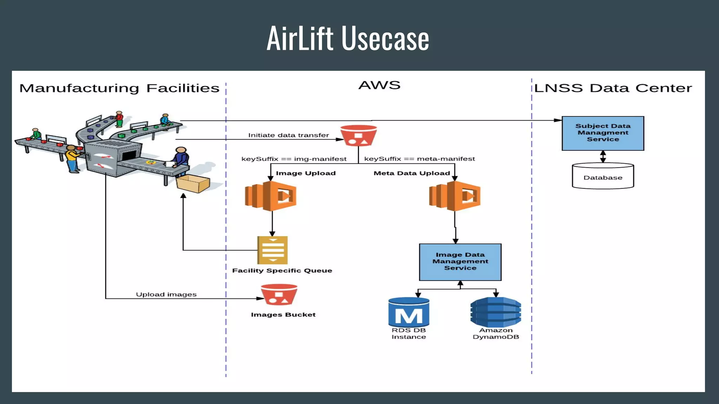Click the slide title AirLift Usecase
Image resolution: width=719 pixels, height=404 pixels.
pyautogui.click(x=348, y=38)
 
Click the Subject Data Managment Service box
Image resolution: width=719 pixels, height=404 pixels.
pyautogui.click(x=603, y=133)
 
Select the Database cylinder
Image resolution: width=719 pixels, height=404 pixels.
pyautogui.click(x=603, y=176)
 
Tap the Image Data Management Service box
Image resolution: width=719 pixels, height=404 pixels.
pyautogui.click(x=460, y=262)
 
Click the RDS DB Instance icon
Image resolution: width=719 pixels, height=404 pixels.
pyautogui.click(x=409, y=312)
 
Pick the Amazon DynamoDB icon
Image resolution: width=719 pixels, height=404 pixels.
pyautogui.click(x=496, y=312)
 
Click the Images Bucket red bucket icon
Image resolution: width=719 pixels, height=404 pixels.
pyautogui.click(x=279, y=295)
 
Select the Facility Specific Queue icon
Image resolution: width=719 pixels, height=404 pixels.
pyautogui.click(x=272, y=250)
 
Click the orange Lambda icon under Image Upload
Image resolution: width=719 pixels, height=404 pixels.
pyautogui.click(x=271, y=196)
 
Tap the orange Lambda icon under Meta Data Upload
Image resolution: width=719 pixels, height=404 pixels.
pyautogui.click(x=455, y=196)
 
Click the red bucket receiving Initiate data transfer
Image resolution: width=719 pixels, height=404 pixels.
pyautogui.click(x=358, y=136)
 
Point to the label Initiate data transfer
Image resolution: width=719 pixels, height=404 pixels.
pyautogui.click(x=289, y=135)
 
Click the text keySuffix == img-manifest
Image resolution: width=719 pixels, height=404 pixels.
pyautogui.click(x=294, y=159)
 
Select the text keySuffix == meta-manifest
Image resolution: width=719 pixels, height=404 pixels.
pyautogui.click(x=420, y=159)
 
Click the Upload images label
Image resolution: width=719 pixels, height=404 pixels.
pyautogui.click(x=166, y=294)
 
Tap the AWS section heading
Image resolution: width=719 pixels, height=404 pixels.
pyautogui.click(x=379, y=85)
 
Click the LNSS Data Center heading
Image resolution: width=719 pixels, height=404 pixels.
pyautogui.click(x=613, y=88)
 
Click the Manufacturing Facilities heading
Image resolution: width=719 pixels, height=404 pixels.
pyautogui.click(x=119, y=88)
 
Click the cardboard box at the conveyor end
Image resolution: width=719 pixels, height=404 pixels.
pyautogui.click(x=193, y=183)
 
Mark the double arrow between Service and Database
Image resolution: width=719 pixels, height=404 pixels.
pyautogui.click(x=603, y=156)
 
